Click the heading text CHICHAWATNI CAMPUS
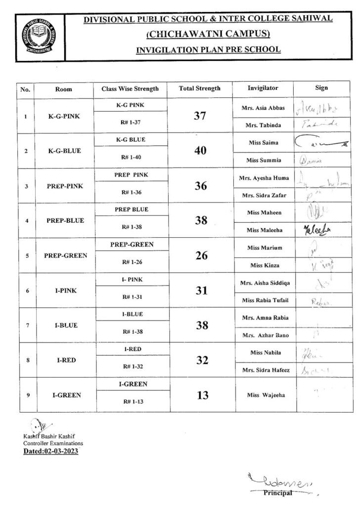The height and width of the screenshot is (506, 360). (x=208, y=34)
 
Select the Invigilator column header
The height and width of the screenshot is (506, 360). (x=263, y=88)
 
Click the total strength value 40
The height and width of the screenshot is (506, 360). (x=200, y=151)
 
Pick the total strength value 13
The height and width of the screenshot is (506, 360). (x=200, y=395)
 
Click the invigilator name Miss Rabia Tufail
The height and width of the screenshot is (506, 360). (x=263, y=300)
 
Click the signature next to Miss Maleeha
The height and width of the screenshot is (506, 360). (x=319, y=229)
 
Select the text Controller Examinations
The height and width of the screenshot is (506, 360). (x=53, y=443)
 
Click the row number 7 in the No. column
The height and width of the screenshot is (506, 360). (x=27, y=325)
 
